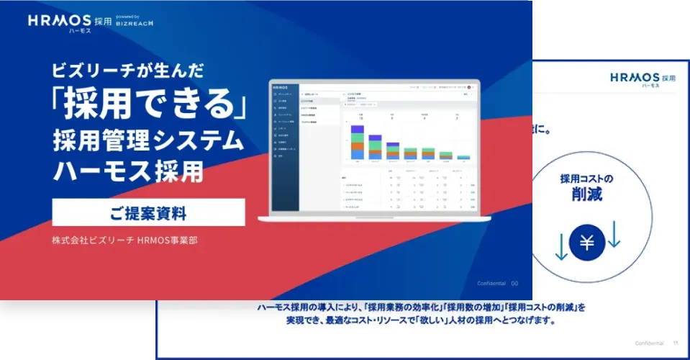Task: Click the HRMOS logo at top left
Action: coord(60,22)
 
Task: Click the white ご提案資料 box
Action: coord(148,213)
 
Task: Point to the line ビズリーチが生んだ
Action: coord(128,71)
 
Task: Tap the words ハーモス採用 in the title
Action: coord(127,171)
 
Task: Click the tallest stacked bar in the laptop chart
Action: coord(357,141)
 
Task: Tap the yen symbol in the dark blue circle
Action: coord(587,243)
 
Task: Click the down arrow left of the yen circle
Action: coord(561,246)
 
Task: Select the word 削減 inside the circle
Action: coord(587,194)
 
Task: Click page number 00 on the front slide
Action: coord(514,283)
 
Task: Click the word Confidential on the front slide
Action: coord(491,283)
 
